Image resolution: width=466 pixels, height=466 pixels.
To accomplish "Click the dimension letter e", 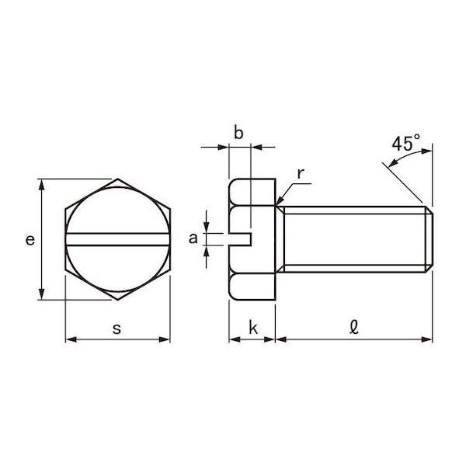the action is pyautogui.click(x=30, y=240).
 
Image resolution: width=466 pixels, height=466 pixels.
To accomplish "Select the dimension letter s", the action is pyautogui.click(x=116, y=329).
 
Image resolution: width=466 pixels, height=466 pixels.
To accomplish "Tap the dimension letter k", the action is pyautogui.click(x=253, y=328).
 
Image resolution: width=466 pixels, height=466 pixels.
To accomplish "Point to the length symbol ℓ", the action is pyautogui.click(x=354, y=327).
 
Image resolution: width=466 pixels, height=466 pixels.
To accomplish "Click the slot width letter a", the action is pyautogui.click(x=193, y=238).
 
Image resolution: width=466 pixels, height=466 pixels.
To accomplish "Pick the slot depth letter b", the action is pyautogui.click(x=238, y=132).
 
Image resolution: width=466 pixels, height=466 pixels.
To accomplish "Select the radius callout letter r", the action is pyautogui.click(x=301, y=174).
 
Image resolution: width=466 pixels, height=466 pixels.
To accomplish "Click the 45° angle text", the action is pyautogui.click(x=405, y=143).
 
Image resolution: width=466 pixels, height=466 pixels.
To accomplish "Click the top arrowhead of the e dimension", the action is pyautogui.click(x=42, y=184).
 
